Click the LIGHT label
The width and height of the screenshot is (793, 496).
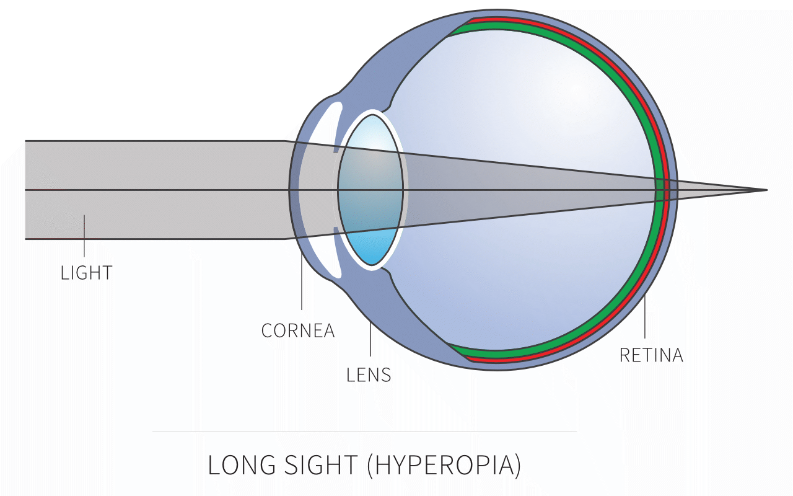[87, 273]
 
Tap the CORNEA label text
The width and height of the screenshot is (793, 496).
[298, 330]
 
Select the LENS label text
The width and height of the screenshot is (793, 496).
[369, 374]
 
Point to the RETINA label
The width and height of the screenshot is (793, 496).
[651, 355]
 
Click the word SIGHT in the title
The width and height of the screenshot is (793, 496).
[315, 466]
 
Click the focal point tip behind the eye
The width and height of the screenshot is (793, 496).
[766, 190]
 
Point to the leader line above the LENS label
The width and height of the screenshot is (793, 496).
[370, 338]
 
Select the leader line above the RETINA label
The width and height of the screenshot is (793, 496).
[646, 319]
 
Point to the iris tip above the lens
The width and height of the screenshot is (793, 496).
[336, 148]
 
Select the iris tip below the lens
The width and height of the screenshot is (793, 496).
[336, 231]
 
